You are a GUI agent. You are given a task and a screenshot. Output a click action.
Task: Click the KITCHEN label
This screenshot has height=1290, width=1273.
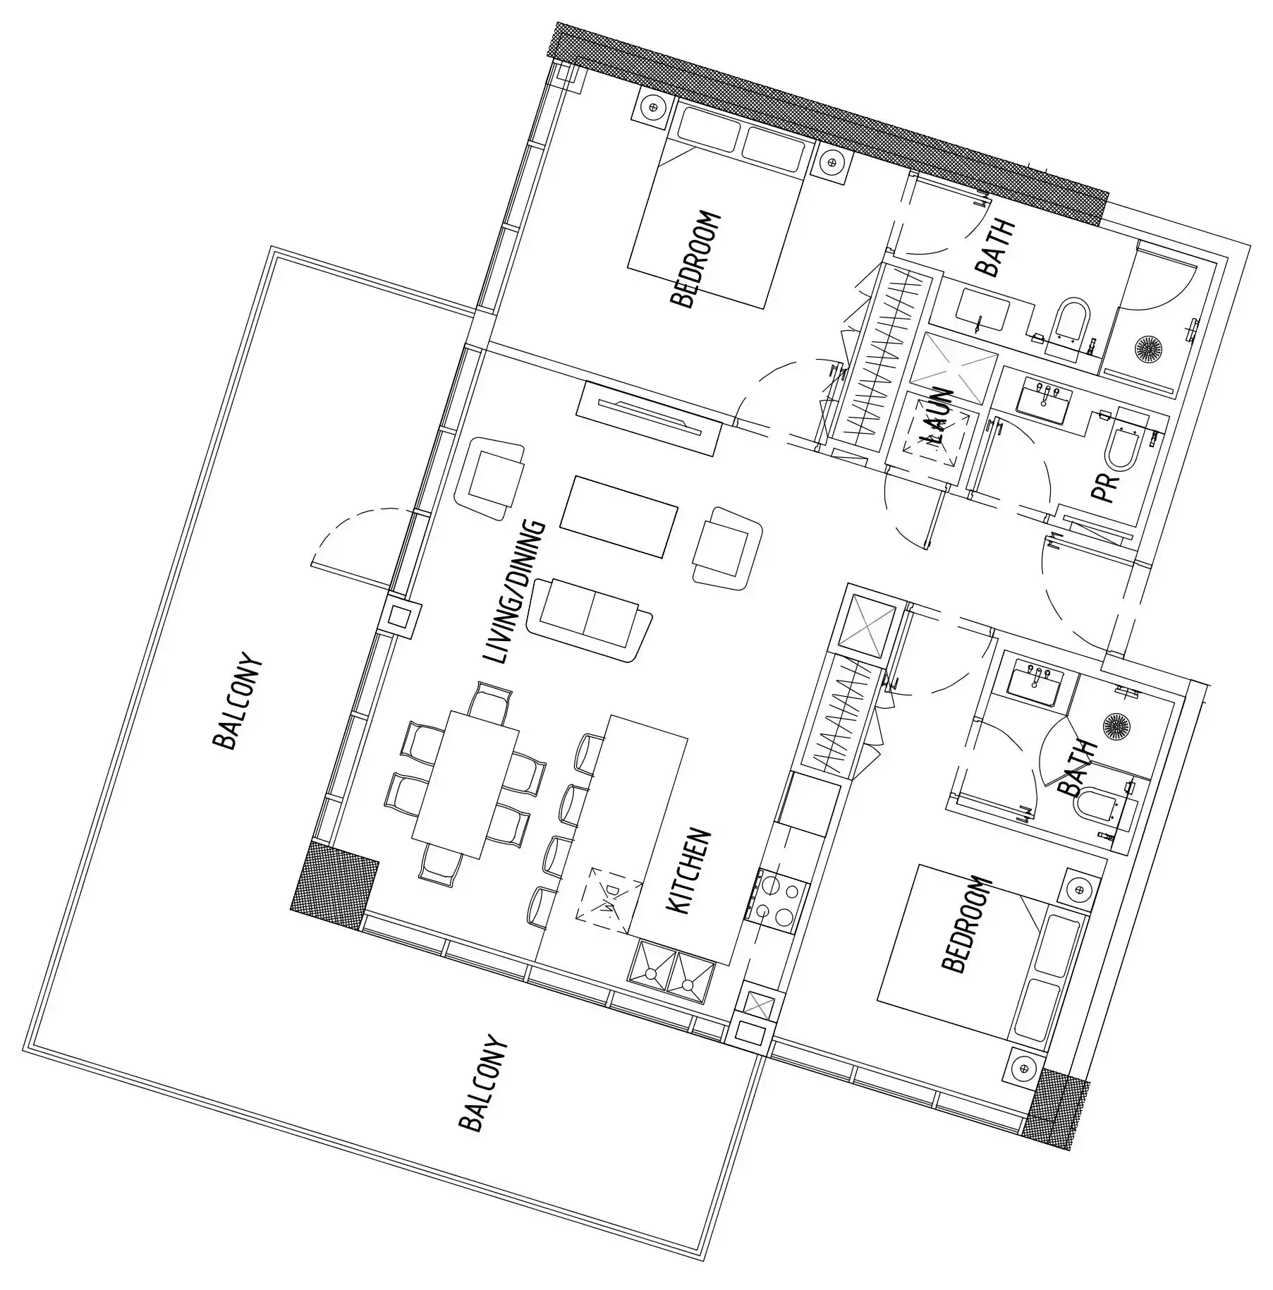(688, 872)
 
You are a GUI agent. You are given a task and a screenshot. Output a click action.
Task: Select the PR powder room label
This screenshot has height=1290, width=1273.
(1104, 487)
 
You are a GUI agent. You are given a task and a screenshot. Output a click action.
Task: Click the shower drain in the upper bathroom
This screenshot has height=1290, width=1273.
(1147, 348)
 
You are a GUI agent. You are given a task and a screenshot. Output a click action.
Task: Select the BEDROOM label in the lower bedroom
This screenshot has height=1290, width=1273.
(966, 925)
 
